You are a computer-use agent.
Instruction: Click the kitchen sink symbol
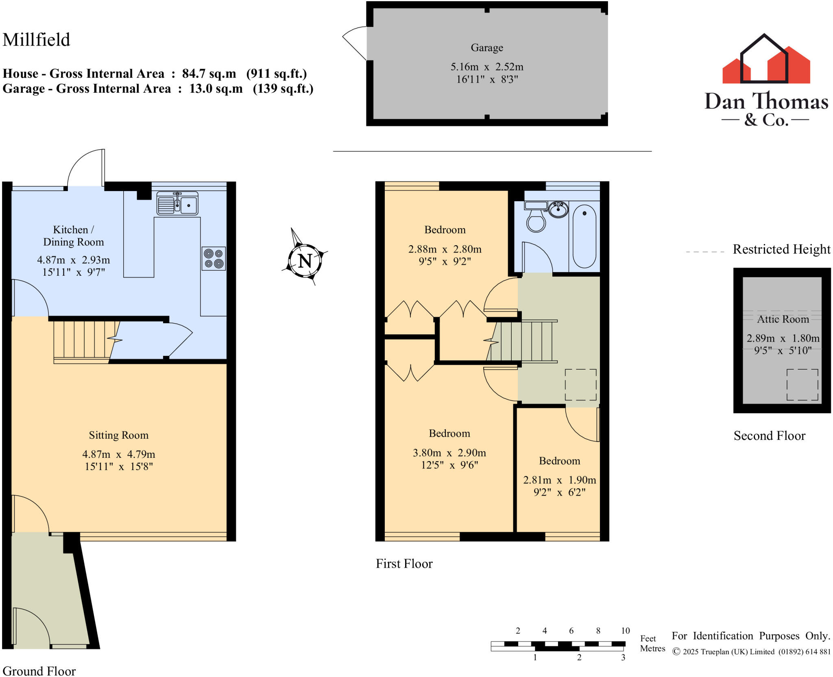177,203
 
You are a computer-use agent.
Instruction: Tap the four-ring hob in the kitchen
214,259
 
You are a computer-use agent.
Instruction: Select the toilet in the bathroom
536,218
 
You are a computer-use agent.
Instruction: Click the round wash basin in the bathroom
558,210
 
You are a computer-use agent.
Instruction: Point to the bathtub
584,236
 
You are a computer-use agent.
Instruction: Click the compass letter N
305,261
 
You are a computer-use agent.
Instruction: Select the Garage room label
487,48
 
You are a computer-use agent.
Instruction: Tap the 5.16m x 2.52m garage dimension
487,67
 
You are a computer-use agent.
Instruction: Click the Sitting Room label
118,435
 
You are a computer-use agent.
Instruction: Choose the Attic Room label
783,319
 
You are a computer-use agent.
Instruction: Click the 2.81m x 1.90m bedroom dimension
559,480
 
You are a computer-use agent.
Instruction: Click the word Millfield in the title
36,40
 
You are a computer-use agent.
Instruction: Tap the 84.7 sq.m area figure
209,74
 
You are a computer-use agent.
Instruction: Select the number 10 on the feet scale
625,631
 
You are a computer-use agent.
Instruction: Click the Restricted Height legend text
781,249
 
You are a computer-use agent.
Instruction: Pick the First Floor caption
404,564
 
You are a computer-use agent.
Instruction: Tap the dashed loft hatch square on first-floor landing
580,385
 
